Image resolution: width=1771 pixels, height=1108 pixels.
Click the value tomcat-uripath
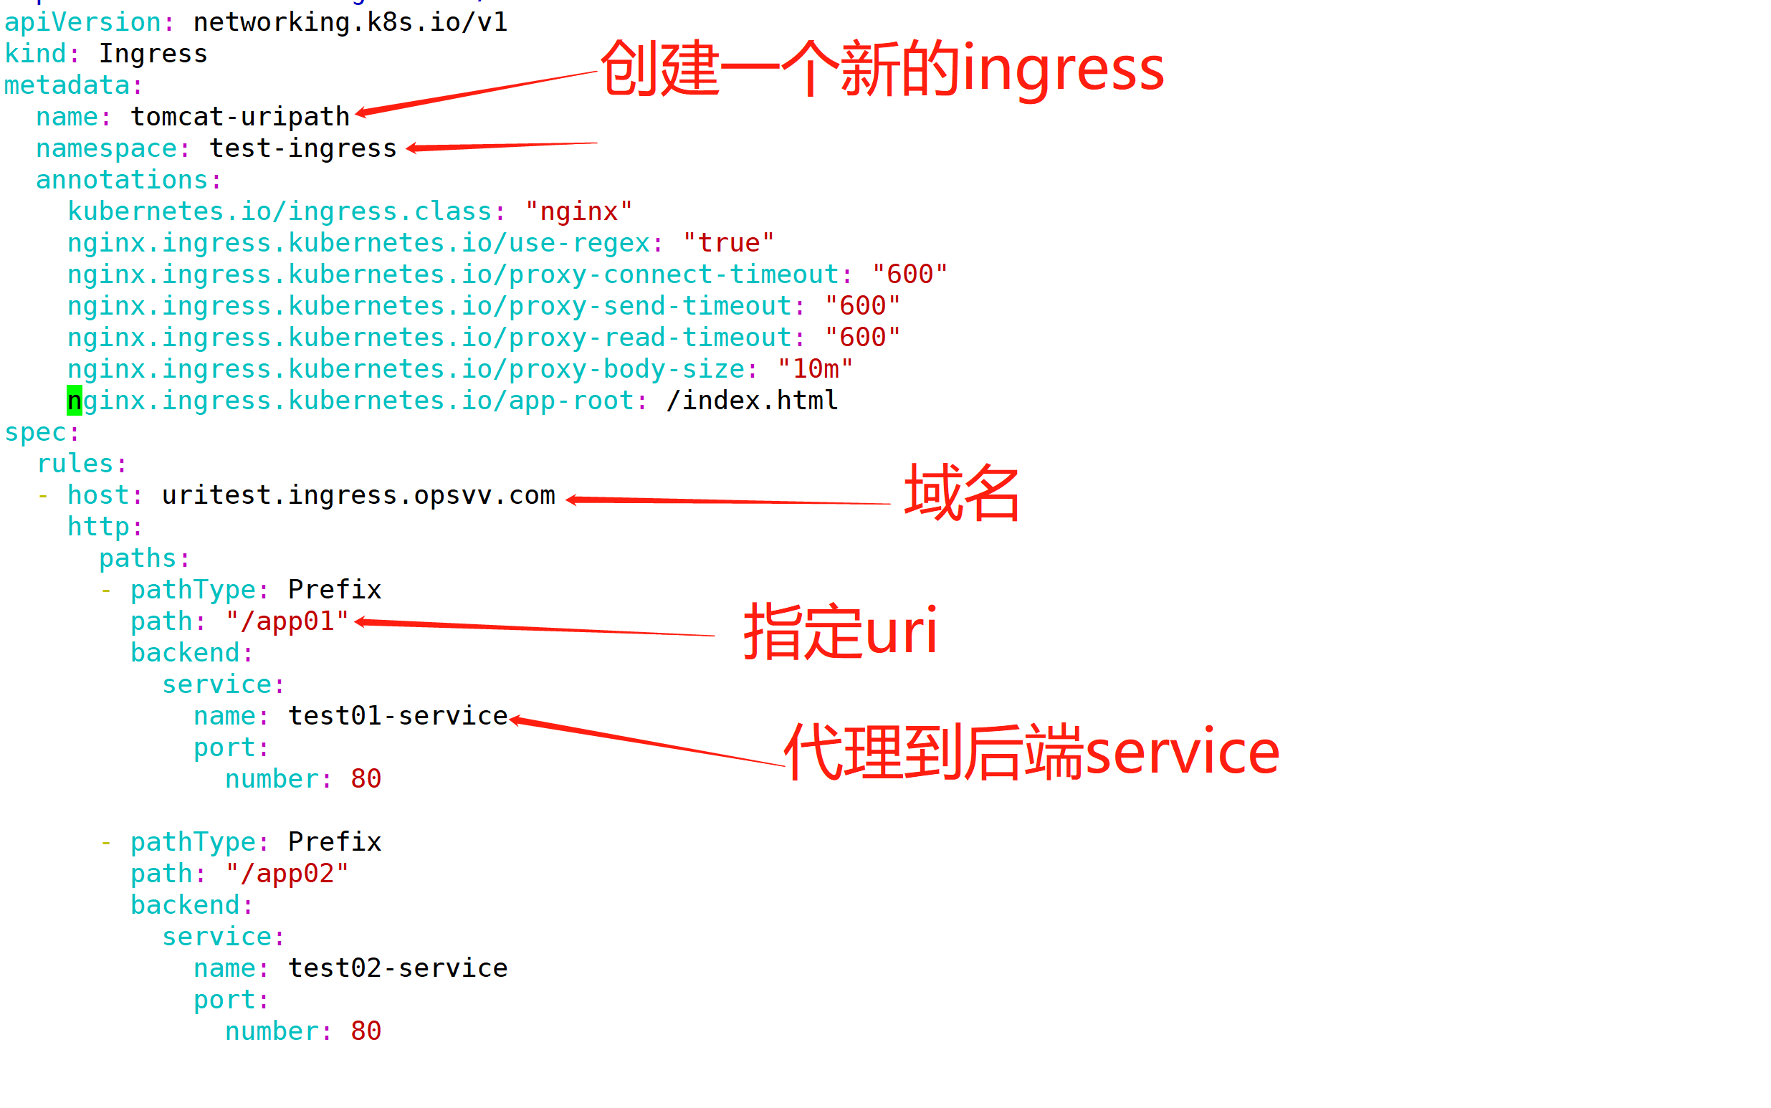point(239,117)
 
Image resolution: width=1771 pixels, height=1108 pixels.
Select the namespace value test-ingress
point(302,148)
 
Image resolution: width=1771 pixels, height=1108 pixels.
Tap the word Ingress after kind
point(153,54)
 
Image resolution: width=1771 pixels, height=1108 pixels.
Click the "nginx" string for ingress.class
point(578,211)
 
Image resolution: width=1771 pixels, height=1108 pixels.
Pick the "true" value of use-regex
point(728,242)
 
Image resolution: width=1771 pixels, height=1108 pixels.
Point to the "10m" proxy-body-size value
point(815,368)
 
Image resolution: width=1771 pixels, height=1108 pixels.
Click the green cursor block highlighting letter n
point(74,401)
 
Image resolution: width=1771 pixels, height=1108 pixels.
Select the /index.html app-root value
point(752,400)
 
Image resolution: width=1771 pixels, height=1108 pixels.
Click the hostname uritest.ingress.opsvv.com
point(358,495)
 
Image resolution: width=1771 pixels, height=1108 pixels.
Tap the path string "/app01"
point(287,621)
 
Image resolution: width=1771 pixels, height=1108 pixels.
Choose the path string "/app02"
point(287,874)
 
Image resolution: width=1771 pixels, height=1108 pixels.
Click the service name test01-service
point(398,716)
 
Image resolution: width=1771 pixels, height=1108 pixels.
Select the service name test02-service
point(398,968)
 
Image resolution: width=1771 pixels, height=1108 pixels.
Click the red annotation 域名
point(961,493)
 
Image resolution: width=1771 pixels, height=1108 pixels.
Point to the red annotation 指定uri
point(840,631)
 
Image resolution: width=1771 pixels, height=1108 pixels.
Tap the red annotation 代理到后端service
point(1031,752)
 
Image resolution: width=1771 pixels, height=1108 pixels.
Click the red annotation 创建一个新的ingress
point(882,69)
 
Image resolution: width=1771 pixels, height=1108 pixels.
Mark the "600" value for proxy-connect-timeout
point(910,274)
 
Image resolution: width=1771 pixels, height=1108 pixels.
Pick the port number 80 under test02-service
point(366,1031)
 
